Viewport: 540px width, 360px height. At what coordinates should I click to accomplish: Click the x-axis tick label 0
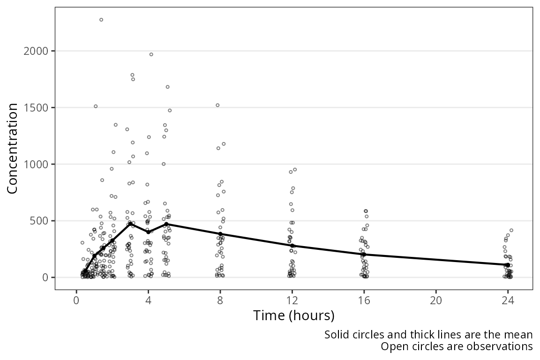[x=76, y=301]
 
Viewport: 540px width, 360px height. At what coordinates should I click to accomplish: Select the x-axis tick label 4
[x=149, y=301]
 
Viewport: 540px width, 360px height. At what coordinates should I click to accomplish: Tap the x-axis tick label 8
[x=220, y=301]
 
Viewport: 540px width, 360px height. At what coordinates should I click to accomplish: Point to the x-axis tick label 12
[x=292, y=301]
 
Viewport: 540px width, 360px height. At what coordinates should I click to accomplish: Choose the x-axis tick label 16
[x=364, y=301]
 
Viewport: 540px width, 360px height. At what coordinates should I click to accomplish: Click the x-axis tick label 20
[x=436, y=301]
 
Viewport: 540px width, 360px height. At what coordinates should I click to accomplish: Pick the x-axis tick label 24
[x=508, y=301]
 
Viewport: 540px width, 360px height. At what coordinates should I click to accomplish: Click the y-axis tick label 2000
[x=35, y=51]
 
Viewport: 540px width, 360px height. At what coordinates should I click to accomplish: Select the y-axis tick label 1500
[x=35, y=107]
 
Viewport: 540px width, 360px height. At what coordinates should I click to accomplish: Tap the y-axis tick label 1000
[x=35, y=164]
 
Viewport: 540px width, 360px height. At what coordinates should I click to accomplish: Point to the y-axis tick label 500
[x=38, y=221]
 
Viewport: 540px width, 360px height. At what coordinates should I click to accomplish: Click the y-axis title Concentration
[x=12, y=149]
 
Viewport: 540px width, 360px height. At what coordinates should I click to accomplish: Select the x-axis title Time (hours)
[x=294, y=315]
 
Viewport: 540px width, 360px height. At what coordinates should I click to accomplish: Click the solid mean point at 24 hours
[x=508, y=265]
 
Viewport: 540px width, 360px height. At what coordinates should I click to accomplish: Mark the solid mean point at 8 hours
[x=220, y=234]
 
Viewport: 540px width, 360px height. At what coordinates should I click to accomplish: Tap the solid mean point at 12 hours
[x=292, y=246]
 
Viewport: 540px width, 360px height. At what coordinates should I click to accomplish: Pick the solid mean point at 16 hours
[x=364, y=254]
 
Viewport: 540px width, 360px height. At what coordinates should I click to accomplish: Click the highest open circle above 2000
[x=101, y=20]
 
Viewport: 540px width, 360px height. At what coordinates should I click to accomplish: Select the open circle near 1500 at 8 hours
[x=217, y=105]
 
